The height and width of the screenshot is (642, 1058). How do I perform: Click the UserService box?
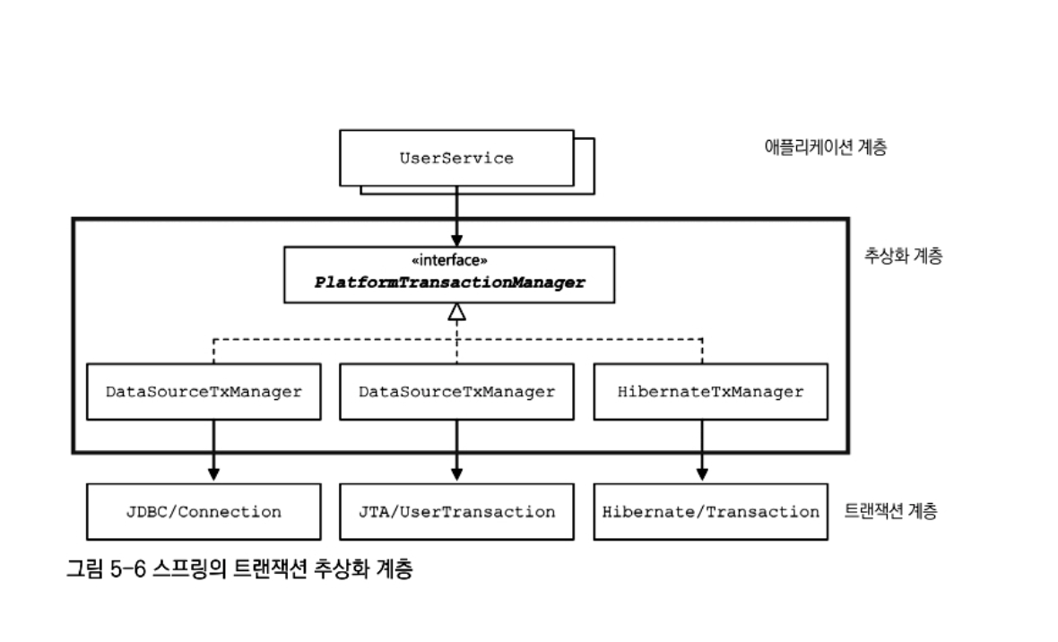(456, 158)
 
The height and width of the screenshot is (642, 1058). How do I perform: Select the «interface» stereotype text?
(449, 261)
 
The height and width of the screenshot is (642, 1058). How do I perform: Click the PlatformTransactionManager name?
(449, 282)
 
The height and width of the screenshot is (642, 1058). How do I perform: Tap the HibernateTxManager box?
(710, 392)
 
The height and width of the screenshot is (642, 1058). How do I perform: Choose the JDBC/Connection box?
(204, 512)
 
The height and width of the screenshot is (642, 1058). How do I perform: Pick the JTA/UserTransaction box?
(456, 512)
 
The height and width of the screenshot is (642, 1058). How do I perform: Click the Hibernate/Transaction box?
(710, 512)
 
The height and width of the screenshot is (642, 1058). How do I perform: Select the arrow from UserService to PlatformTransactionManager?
(457, 215)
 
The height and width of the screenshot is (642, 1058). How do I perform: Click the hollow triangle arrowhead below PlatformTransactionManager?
(457, 313)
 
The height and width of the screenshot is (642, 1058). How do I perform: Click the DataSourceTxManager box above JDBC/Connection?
(204, 392)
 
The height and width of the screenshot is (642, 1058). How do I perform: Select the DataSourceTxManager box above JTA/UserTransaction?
(456, 392)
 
